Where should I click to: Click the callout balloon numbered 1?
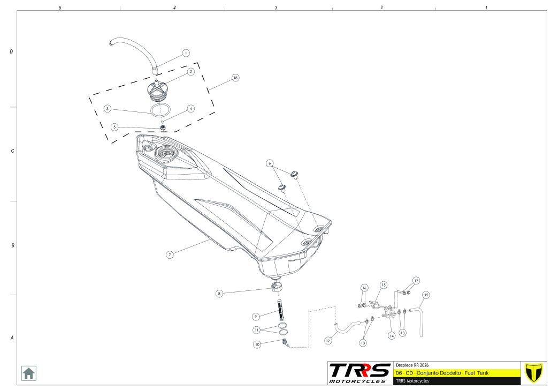(186, 53)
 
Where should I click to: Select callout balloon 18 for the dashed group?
(235, 78)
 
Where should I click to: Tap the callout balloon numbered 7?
(169, 255)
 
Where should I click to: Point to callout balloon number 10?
(257, 344)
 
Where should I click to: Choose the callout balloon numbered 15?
(383, 284)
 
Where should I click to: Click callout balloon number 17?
(416, 280)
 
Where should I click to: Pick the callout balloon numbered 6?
(270, 163)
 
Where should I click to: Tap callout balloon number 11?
(257, 329)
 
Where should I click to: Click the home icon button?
(28, 373)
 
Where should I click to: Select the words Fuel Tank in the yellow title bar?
(476, 372)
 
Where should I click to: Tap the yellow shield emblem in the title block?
(532, 372)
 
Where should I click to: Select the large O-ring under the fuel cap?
(160, 110)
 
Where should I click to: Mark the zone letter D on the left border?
(11, 52)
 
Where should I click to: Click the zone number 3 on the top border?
(276, 8)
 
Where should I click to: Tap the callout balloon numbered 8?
(219, 294)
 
